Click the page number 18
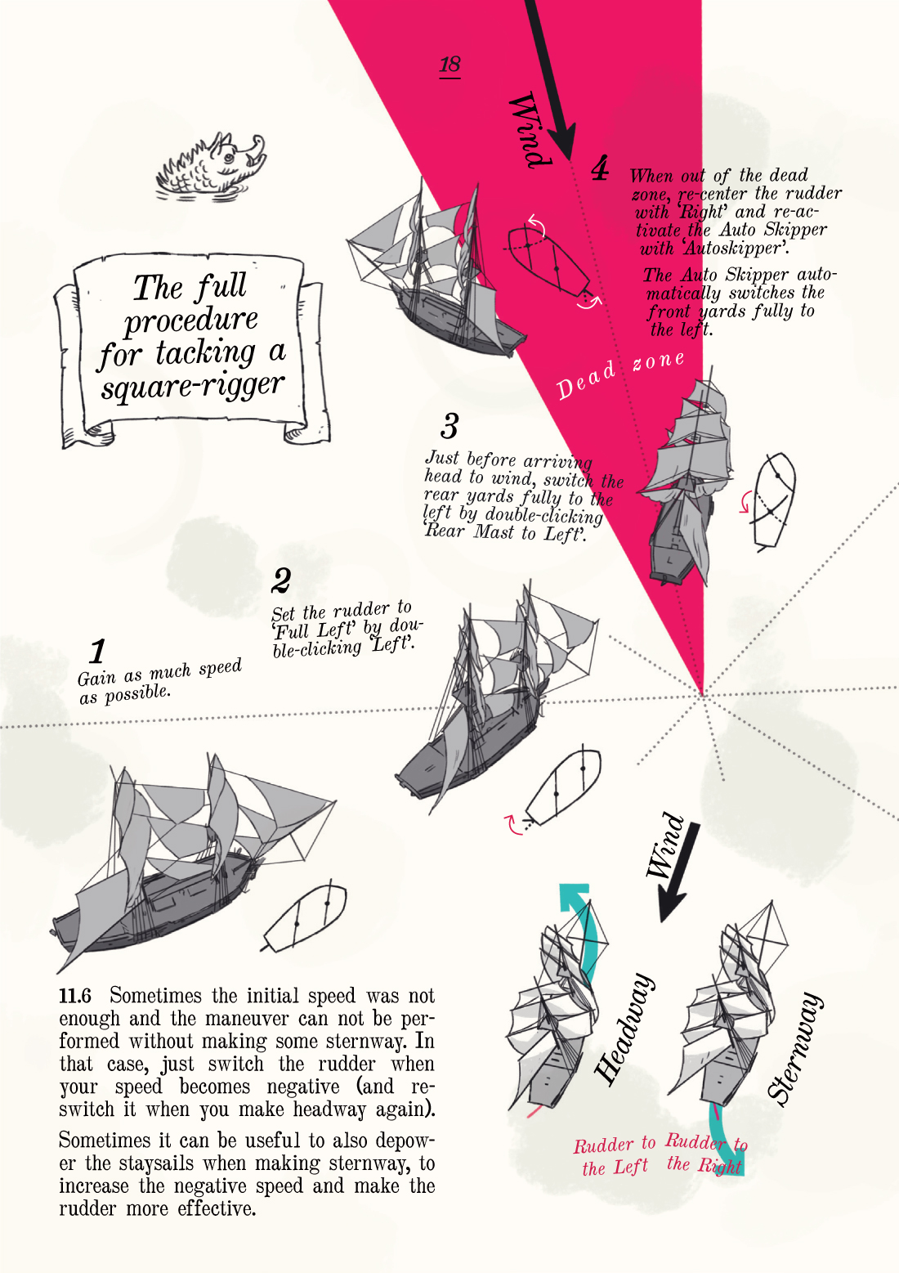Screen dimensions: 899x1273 449,65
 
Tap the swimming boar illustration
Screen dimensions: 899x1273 211,167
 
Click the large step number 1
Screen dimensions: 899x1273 98,651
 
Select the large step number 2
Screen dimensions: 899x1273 282,580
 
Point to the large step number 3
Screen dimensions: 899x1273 449,426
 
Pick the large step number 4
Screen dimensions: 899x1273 600,168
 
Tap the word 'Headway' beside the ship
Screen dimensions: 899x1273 624,1029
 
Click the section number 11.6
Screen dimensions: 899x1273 75,996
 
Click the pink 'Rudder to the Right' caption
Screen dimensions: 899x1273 706,1153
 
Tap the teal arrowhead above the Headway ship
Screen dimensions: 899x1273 575,897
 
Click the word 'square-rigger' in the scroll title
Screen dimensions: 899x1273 192,386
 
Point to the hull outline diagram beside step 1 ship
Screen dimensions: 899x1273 305,918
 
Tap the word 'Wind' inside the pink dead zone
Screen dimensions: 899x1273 530,130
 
